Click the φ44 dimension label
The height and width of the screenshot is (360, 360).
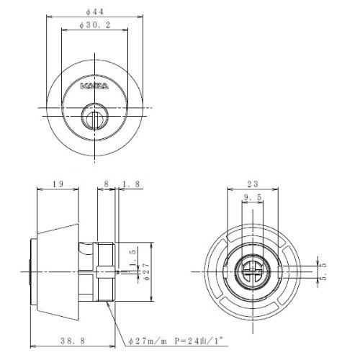95,12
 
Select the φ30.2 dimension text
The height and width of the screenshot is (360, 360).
95,25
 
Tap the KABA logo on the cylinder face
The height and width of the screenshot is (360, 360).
94,86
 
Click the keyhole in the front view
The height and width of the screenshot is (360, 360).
94,117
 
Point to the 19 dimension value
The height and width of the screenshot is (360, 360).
58,184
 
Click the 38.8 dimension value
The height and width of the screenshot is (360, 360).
73,341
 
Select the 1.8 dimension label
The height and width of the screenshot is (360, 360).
131,184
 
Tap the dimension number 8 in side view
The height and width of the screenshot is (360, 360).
106,184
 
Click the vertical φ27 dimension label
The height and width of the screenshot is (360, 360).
147,271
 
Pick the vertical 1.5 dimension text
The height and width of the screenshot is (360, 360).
133,258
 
